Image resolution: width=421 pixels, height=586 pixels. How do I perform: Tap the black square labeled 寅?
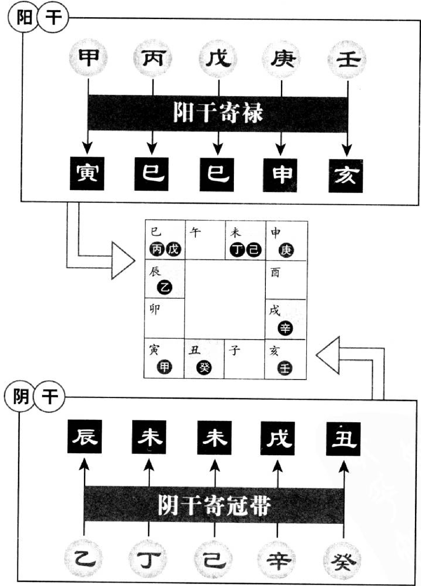87,173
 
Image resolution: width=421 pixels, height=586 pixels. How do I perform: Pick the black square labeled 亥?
345,176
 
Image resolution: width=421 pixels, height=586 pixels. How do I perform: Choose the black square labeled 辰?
84,437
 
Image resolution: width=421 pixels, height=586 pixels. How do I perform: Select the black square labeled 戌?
278,438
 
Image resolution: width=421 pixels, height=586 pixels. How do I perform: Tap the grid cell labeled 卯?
165,318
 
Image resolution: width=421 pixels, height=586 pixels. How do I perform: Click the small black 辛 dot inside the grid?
285,328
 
